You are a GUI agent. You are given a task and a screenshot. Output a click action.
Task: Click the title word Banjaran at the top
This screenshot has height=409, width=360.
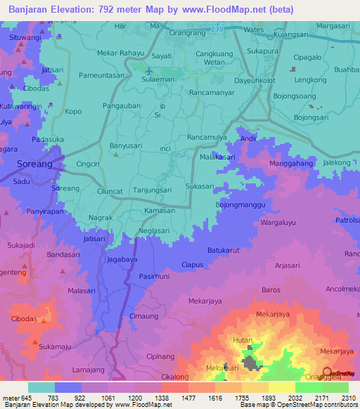[x=31, y=10]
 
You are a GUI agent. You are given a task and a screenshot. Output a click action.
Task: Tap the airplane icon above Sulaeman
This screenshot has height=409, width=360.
[x=148, y=70]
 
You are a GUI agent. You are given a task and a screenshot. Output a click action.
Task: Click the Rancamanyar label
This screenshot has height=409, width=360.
[x=213, y=92]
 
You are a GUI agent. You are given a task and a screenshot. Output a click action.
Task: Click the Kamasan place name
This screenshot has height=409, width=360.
[x=159, y=211]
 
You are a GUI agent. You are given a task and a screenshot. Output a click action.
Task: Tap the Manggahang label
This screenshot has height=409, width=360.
[x=290, y=163]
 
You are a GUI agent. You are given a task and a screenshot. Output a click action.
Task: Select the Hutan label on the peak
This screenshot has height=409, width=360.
[x=243, y=340]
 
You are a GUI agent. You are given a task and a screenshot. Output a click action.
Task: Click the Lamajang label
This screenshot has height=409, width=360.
[x=89, y=369]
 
